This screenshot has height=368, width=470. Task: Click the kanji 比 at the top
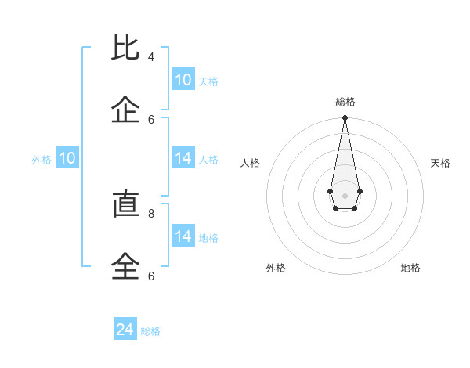click(126, 49)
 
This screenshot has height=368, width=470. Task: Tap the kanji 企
click(126, 110)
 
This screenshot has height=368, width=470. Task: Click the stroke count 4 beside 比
click(151, 57)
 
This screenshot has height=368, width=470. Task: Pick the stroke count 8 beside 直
click(151, 213)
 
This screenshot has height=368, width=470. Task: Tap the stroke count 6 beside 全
click(151, 276)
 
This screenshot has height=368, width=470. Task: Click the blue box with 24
click(125, 330)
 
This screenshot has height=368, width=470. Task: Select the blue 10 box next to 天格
click(183, 80)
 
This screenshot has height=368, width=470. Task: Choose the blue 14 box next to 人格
click(183, 158)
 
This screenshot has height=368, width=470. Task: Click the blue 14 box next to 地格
click(183, 236)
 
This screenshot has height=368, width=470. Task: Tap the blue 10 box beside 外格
click(67, 158)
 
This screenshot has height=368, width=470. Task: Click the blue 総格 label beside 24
click(150, 331)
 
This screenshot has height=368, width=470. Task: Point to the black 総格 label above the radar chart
click(345, 102)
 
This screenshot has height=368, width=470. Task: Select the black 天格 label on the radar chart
click(441, 163)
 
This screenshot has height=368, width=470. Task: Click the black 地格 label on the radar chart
click(410, 268)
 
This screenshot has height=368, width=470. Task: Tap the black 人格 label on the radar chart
click(250, 163)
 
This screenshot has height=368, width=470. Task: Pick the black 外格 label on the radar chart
click(276, 268)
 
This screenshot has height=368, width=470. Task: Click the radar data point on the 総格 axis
click(345, 118)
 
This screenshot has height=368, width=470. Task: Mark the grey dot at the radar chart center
click(345, 195)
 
